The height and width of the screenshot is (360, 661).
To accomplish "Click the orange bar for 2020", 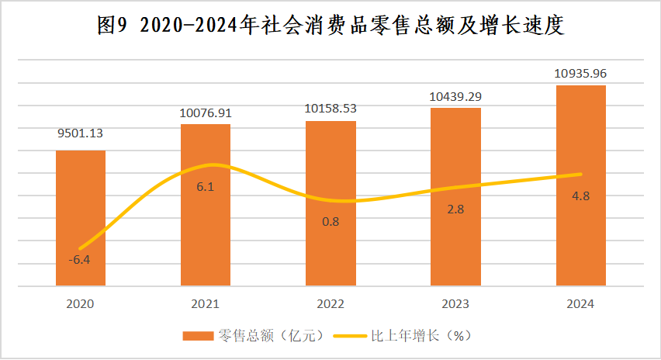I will coord(81,217).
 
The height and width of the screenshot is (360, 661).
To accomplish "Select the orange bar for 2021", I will coord(206,205).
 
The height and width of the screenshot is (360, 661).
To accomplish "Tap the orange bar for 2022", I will coord(330,203).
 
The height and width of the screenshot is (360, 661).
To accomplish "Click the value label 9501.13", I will coord(81,133).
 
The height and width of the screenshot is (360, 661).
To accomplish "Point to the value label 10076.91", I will coord(206,112).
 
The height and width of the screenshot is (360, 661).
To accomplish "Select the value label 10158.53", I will coord(330,109).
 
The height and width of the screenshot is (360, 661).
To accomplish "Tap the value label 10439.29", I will coord(455,96).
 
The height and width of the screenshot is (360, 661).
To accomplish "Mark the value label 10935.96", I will coord(580,74).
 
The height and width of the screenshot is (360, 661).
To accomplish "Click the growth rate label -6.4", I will coord(79,260).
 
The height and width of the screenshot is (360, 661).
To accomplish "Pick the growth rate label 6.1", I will coord(206,187).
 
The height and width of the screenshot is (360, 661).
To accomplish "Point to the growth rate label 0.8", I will coord(330,222).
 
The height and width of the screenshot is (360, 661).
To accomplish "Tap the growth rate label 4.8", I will coord(580,196).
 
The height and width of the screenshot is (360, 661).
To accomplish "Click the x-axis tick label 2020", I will coord(81,304).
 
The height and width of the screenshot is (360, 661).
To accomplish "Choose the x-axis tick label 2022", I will coord(330,304).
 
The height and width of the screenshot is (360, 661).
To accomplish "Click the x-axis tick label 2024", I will coord(580,304).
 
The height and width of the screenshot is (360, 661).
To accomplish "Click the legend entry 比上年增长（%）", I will coord(407,336).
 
